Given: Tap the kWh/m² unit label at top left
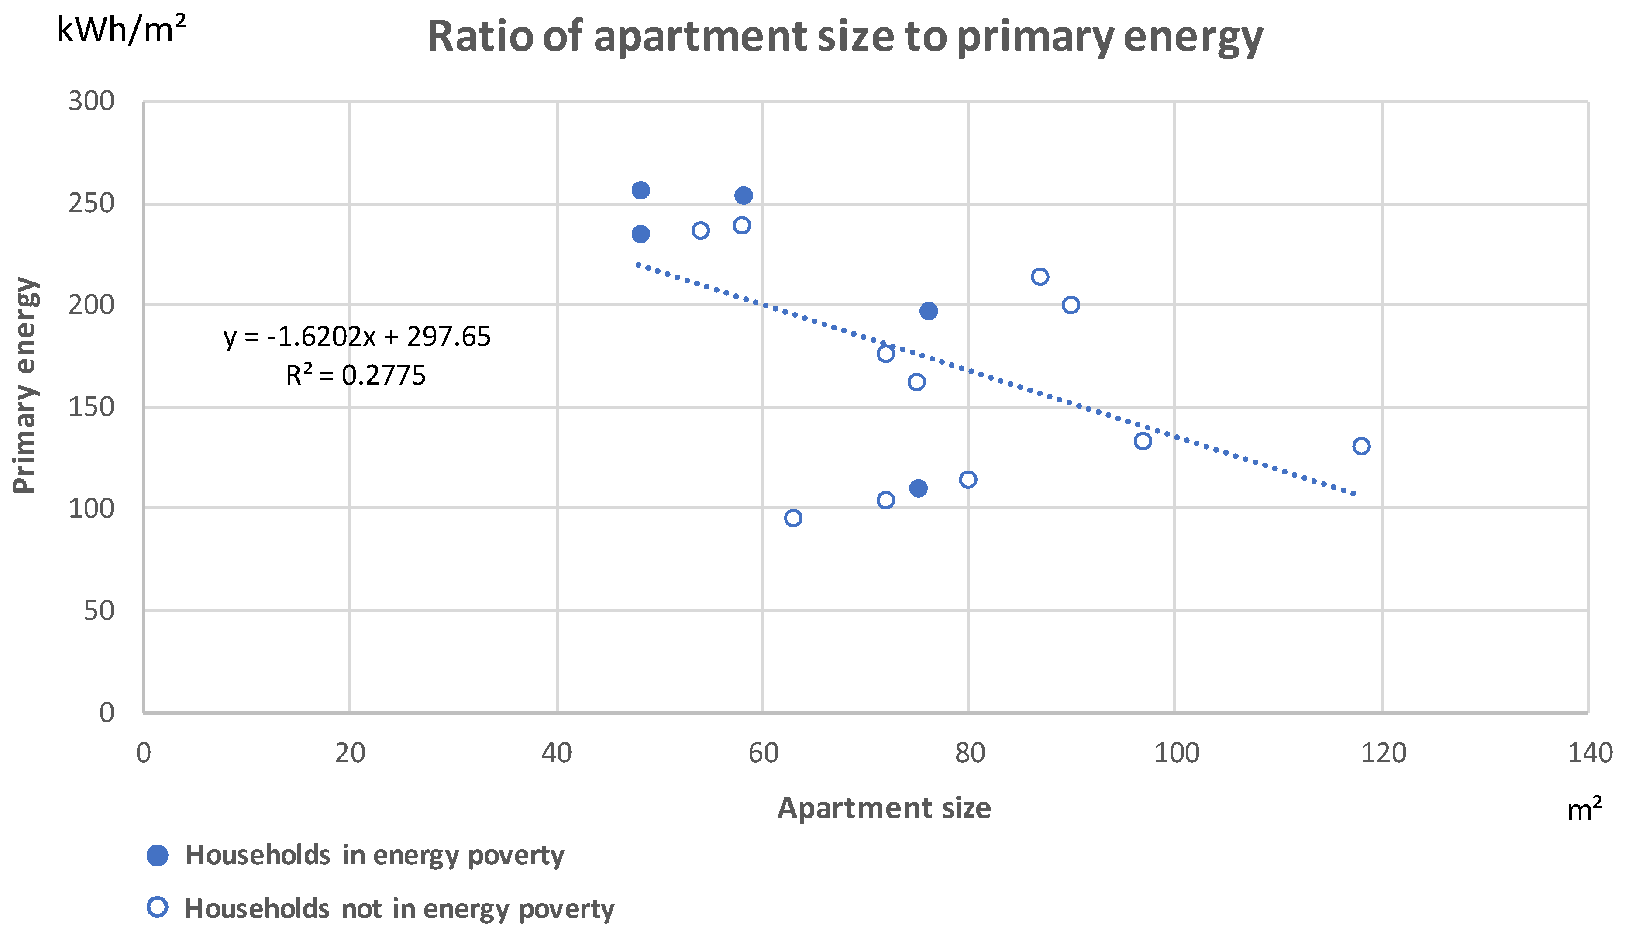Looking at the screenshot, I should (x=121, y=30).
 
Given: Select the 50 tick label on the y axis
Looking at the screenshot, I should (x=99, y=611).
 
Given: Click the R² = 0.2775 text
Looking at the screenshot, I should (x=356, y=375).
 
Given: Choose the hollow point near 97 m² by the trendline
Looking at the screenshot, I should (x=1143, y=441).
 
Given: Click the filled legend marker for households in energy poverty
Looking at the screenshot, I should (x=157, y=856).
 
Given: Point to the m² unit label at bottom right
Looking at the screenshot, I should (x=1584, y=810).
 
